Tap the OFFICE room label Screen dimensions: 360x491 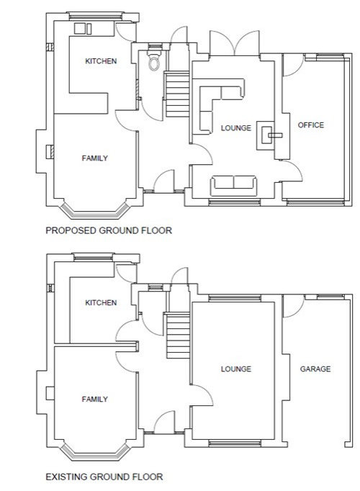[x=310, y=125]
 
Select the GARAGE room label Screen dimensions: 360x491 [x=315, y=369]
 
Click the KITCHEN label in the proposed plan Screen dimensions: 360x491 [x=101, y=61]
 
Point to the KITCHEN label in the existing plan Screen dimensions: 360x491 [x=101, y=302]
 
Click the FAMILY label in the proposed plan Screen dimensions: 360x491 [x=95, y=158]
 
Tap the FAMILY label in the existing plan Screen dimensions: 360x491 [x=95, y=400]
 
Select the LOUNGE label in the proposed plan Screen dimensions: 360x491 [x=236, y=128]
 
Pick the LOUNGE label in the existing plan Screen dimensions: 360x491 [x=236, y=369]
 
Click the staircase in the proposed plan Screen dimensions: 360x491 [x=178, y=94]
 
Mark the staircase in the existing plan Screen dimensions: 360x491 [x=178, y=335]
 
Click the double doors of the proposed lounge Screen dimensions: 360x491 [x=235, y=43]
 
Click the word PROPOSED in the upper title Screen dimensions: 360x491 [x=71, y=230]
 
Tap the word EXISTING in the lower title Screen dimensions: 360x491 [x=66, y=477]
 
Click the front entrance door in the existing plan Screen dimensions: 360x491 [x=164, y=422]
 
